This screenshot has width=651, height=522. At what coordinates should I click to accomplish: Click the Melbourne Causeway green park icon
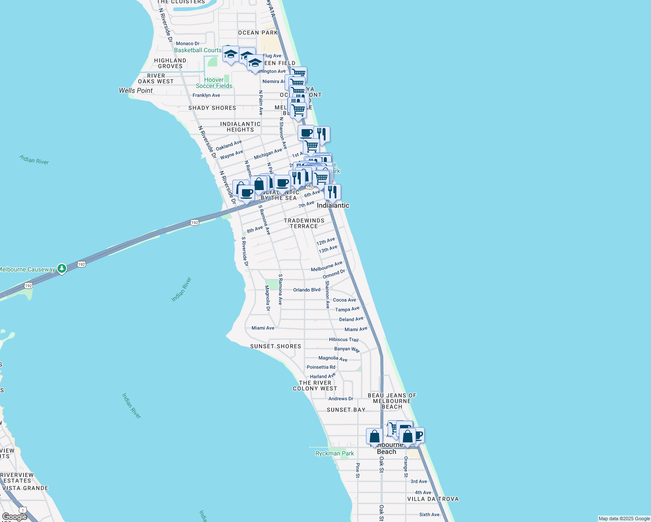point(62,269)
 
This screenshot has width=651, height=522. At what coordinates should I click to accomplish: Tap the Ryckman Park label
point(335,453)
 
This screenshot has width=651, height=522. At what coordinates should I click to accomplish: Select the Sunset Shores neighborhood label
point(275,346)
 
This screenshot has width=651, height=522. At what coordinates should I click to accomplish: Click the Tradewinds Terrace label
point(304,223)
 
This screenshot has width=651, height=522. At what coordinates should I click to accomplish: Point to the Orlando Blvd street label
point(307,290)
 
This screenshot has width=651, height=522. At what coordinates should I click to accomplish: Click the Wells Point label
point(136,90)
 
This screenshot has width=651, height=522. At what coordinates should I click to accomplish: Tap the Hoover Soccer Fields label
point(214,83)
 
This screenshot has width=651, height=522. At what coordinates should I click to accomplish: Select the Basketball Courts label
point(198,50)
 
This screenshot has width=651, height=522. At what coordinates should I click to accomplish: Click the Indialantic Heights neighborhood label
point(240,127)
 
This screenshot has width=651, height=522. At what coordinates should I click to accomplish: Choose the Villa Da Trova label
point(433,499)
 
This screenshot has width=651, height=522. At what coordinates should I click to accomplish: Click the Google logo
point(15,517)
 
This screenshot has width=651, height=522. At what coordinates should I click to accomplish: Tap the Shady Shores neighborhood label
point(212,108)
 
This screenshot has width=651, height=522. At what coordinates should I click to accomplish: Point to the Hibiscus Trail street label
point(344,339)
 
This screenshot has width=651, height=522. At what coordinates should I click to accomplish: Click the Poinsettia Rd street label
point(321,367)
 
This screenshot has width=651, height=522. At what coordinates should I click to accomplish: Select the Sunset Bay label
point(346,410)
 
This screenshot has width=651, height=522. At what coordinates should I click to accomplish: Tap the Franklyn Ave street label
point(206,95)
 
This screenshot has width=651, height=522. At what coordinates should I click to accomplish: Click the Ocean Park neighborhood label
point(258,33)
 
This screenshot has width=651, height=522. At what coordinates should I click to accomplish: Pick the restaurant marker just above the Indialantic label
point(332,192)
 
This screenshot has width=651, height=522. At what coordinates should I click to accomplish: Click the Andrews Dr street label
point(341,398)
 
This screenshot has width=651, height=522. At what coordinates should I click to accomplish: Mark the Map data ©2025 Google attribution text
point(624,519)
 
